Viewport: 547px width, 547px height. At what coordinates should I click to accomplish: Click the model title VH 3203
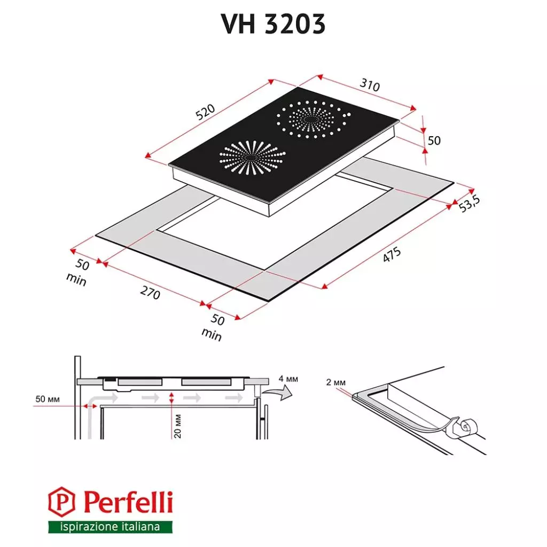pyautogui.click(x=273, y=24)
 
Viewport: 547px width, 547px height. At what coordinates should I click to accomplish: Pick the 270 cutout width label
pyautogui.click(x=149, y=292)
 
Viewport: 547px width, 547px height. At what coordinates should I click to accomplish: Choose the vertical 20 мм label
pyautogui.click(x=178, y=426)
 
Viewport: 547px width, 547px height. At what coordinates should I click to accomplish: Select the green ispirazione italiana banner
pyautogui.click(x=111, y=527)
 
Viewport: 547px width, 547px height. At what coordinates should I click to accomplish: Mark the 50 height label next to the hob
pyautogui.click(x=434, y=140)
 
